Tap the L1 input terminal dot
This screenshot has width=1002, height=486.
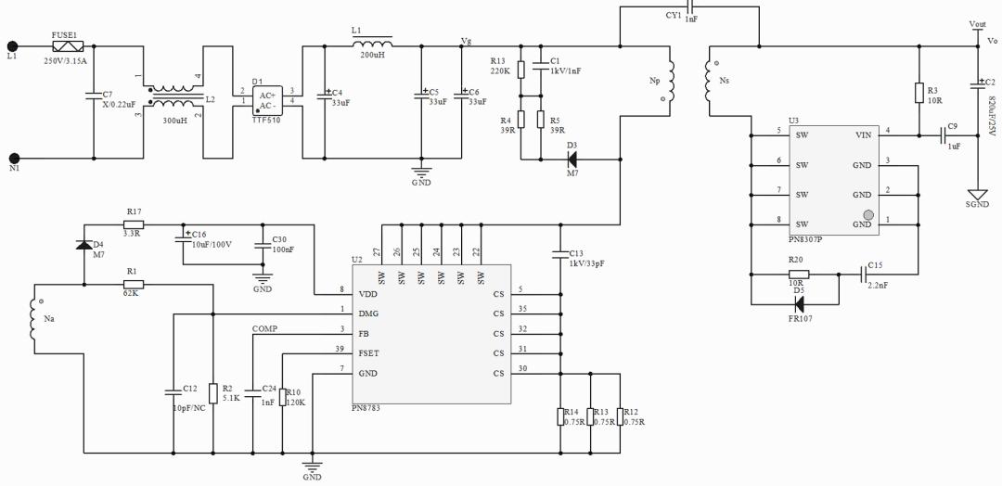click(13, 45)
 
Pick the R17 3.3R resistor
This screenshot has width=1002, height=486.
click(134, 224)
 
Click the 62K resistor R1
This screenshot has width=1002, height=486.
click(133, 283)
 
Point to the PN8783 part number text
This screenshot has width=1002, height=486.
click(366, 408)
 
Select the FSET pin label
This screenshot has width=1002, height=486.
click(368, 353)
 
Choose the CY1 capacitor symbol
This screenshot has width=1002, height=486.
click(687, 9)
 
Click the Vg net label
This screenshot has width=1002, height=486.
click(466, 41)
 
